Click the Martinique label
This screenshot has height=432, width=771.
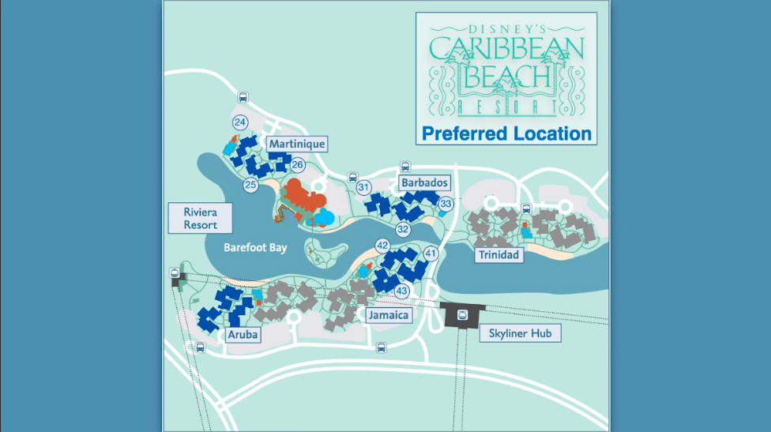coord(296,144)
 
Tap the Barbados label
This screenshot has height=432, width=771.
coord(424,182)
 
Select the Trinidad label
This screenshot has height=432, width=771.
coord(498,254)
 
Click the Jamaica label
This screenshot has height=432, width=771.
coord(389,315)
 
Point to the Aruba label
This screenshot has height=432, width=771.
coord(243,335)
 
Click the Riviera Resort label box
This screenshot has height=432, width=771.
coord(200,219)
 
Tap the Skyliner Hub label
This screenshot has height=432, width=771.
coord(521,334)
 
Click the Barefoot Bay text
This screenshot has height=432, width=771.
coord(254,247)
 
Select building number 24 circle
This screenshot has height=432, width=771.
coord(240,122)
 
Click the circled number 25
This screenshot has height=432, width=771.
coord(250,185)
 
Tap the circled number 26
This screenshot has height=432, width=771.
coord(297,165)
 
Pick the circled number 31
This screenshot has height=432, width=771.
coord(364,187)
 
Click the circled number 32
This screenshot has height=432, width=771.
coord(404,229)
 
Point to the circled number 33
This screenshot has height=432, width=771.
coord(446,204)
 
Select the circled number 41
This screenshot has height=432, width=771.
coord(431,254)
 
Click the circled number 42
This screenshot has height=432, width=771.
coord(382,246)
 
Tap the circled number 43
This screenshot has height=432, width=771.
coord(401,291)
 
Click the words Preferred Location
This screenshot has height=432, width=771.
coord(506,133)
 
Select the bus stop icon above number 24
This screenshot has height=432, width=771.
coord(243,99)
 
